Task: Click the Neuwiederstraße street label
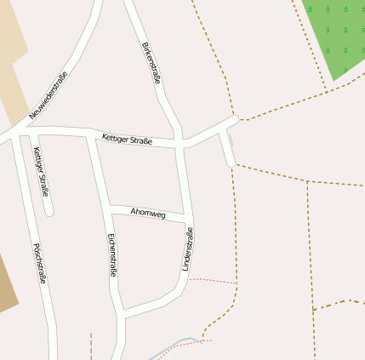tap(48, 94)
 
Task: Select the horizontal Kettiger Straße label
tap(127, 139)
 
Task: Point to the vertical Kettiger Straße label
tap(41, 172)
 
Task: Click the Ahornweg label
tap(148, 212)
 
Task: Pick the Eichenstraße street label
tap(111, 255)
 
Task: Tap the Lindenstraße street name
tap(188, 249)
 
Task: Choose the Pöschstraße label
tap(39, 263)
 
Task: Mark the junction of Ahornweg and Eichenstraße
tap(107, 206)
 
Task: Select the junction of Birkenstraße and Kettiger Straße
tap(180, 143)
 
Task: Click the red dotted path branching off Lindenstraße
tap(213, 279)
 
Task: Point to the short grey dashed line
tap(90, 347)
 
